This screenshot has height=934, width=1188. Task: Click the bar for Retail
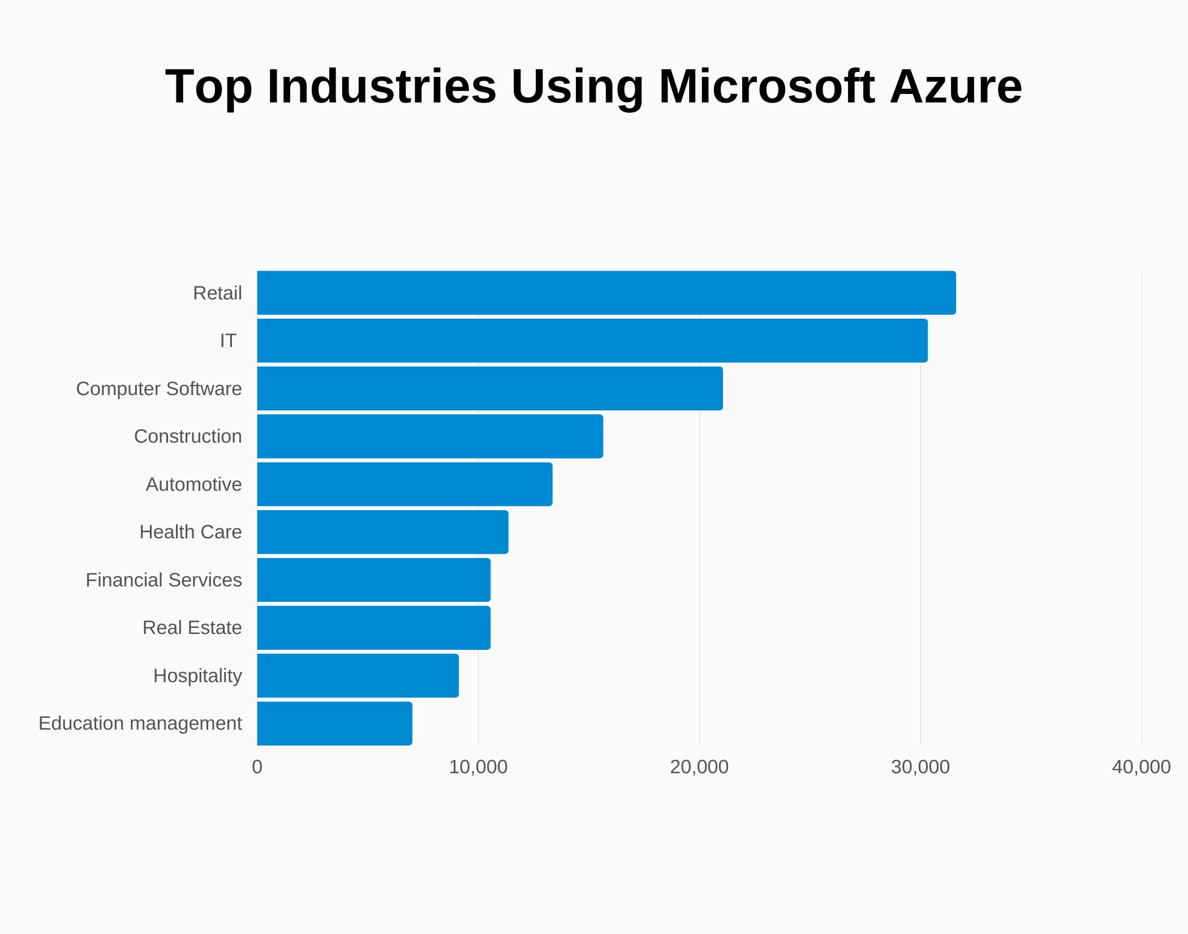[x=606, y=293]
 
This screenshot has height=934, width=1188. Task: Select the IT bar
[x=592, y=340]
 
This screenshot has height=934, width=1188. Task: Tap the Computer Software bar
[x=489, y=388]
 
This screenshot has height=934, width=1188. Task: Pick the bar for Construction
[x=430, y=436]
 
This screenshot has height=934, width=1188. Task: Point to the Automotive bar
[x=404, y=484]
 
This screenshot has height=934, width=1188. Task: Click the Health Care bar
[x=382, y=532]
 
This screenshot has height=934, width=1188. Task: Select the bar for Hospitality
[x=358, y=675]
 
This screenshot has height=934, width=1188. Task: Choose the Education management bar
[x=334, y=723]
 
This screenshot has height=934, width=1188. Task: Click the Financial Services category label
[x=163, y=580]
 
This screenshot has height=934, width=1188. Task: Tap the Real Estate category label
[x=192, y=627]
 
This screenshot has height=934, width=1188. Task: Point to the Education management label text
[x=140, y=723]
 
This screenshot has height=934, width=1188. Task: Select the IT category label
[x=228, y=340]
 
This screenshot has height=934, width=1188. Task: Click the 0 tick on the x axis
[x=257, y=766]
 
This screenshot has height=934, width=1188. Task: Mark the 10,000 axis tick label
[x=478, y=766]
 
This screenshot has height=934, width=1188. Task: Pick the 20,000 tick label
[x=699, y=766]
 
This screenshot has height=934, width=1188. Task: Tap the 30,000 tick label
[x=920, y=766]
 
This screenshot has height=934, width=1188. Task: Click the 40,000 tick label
[x=1140, y=766]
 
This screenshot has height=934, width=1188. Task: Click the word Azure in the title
[x=955, y=86]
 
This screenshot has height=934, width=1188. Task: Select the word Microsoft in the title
[x=767, y=86]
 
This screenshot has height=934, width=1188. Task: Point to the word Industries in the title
[x=382, y=86]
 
